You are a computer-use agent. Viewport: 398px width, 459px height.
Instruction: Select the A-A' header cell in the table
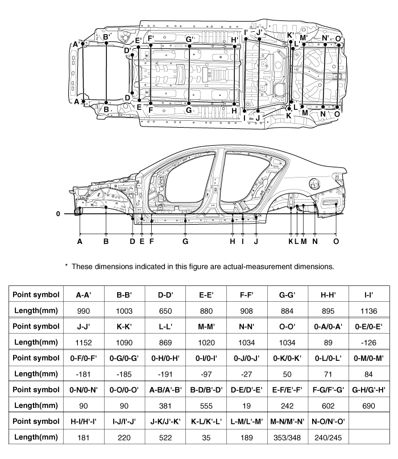click(x=85, y=294)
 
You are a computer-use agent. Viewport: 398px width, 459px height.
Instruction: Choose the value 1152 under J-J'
click(x=85, y=342)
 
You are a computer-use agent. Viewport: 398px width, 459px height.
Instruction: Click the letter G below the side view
click(x=185, y=241)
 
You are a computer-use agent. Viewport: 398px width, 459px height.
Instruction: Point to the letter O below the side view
click(x=336, y=241)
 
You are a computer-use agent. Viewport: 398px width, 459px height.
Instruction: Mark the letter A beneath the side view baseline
click(x=80, y=241)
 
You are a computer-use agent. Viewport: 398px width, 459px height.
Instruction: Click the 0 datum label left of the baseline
click(x=58, y=214)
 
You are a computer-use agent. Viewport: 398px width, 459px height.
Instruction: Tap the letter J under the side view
click(x=256, y=241)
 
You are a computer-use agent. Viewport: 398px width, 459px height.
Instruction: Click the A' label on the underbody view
click(x=76, y=43)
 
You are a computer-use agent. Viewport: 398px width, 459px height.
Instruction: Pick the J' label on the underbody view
click(x=259, y=33)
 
